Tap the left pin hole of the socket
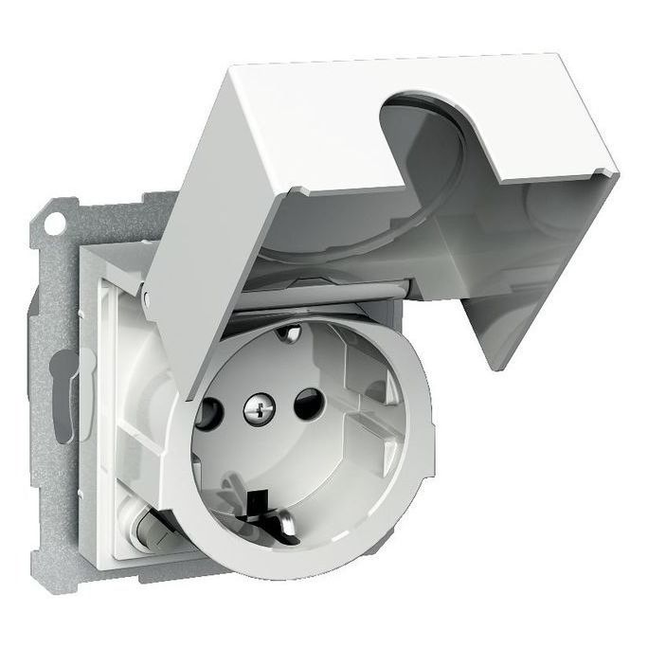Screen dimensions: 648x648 pyautogui.click(x=208, y=414)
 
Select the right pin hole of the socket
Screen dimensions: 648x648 pyautogui.click(x=308, y=405)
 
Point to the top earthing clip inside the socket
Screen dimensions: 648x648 pyautogui.click(x=292, y=333)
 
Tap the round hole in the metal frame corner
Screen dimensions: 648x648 pyautogui.click(x=57, y=225)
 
